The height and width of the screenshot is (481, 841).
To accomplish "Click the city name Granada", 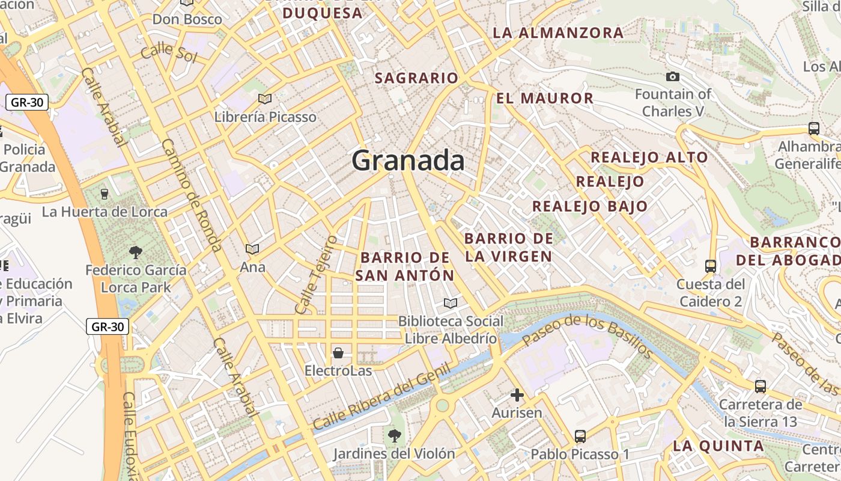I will [x=408, y=161].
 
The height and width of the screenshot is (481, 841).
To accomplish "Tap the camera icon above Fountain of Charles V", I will [x=673, y=76].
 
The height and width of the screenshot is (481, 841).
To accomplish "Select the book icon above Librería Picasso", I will [x=265, y=98].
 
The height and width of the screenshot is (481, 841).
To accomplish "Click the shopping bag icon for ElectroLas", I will [x=338, y=352].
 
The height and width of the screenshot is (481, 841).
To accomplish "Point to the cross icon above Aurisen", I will [x=517, y=395].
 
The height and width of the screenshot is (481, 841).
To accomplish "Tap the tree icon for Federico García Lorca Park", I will [x=136, y=252].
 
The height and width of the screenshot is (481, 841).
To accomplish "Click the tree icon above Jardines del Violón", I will [x=394, y=435].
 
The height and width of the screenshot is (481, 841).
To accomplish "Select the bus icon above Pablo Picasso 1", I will [x=580, y=436].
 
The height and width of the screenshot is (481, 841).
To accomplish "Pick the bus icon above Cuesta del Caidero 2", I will [x=710, y=266].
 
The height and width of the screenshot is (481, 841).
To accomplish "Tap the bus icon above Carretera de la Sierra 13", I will [x=760, y=387].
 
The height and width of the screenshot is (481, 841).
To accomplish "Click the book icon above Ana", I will [x=252, y=249].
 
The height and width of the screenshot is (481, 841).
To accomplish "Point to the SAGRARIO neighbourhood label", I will [x=416, y=78].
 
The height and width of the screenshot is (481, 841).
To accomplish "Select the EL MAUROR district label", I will [x=545, y=98].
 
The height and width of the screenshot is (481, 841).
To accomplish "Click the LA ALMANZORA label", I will [x=558, y=33].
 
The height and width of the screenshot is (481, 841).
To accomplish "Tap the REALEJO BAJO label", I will [x=590, y=206].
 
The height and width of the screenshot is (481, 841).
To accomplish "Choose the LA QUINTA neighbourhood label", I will [x=718, y=446].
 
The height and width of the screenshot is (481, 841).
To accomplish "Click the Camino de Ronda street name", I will [x=192, y=195].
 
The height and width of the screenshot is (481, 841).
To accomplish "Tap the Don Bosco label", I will [x=187, y=19].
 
